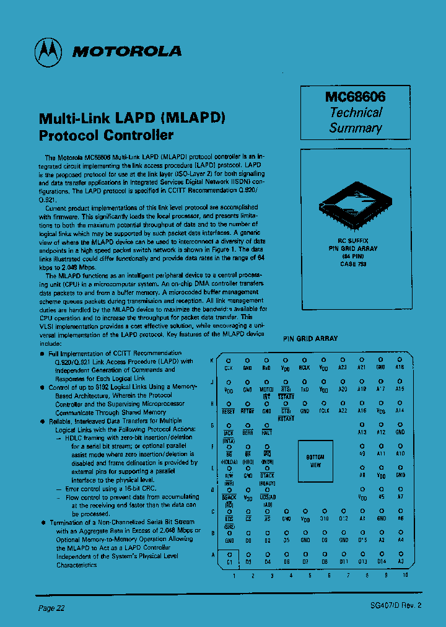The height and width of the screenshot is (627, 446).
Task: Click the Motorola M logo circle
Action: pyautogui.click(x=50, y=51)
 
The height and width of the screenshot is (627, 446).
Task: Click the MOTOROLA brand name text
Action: pyautogui.click(x=127, y=51)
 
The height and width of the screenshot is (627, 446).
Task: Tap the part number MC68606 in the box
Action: pyautogui.click(x=355, y=97)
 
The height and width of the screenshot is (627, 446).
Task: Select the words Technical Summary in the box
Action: pyautogui.click(x=355, y=120)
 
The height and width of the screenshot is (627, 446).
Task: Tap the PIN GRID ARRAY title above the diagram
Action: pyautogui.click(x=310, y=339)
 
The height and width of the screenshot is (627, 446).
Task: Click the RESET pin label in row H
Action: pyautogui.click(x=229, y=411)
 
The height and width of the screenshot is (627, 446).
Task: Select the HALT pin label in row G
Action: pyautogui.click(x=267, y=433)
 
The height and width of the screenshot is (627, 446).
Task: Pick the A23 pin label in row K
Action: pyautogui.click(x=343, y=367)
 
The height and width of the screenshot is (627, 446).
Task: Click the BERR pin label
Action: pyautogui.click(x=248, y=433)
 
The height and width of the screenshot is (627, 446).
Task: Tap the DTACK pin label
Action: pyautogui.click(x=267, y=476)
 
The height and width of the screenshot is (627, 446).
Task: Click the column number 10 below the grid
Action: pyautogui.click(x=405, y=576)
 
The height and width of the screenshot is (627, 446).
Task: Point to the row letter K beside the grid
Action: pyautogui.click(x=212, y=361)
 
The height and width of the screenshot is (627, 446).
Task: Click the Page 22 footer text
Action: pyautogui.click(x=51, y=608)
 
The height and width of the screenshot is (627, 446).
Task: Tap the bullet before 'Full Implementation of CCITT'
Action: pyautogui.click(x=42, y=353)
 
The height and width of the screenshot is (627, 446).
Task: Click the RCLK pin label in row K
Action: pyautogui.click(x=304, y=367)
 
